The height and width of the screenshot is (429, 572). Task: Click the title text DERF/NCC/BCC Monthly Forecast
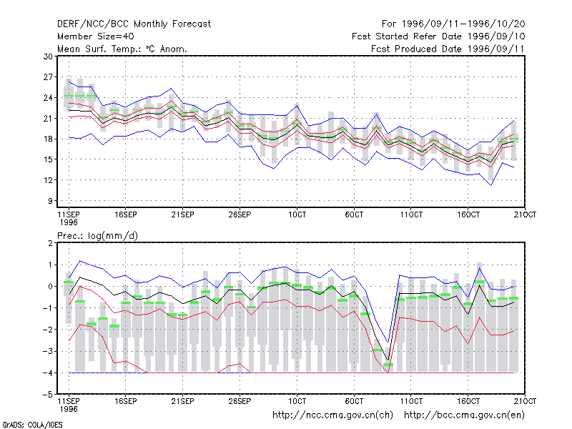134,24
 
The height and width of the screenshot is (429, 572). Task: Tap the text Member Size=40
96,36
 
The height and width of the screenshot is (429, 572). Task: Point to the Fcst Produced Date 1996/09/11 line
448,49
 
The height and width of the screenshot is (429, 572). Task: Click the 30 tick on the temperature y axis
48,56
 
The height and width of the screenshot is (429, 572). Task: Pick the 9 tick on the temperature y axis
50,201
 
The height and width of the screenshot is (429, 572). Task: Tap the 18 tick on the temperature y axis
48,139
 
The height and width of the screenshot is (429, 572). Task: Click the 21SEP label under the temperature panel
183,214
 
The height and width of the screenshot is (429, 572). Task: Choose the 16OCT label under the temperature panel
468,214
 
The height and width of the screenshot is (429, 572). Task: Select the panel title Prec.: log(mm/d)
97,236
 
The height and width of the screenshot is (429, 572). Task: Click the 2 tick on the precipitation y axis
50,243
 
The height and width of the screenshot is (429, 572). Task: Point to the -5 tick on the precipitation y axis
48,395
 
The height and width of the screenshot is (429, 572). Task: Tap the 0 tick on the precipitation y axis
50,287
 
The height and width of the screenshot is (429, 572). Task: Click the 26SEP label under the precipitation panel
240,401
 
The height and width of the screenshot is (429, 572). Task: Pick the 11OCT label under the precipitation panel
411,401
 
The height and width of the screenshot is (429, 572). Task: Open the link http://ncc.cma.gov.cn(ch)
332,415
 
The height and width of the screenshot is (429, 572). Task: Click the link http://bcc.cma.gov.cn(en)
464,415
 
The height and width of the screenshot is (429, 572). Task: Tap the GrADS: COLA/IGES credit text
32,425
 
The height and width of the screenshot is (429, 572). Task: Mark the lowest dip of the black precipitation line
388,361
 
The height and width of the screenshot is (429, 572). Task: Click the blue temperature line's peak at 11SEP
69,82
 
